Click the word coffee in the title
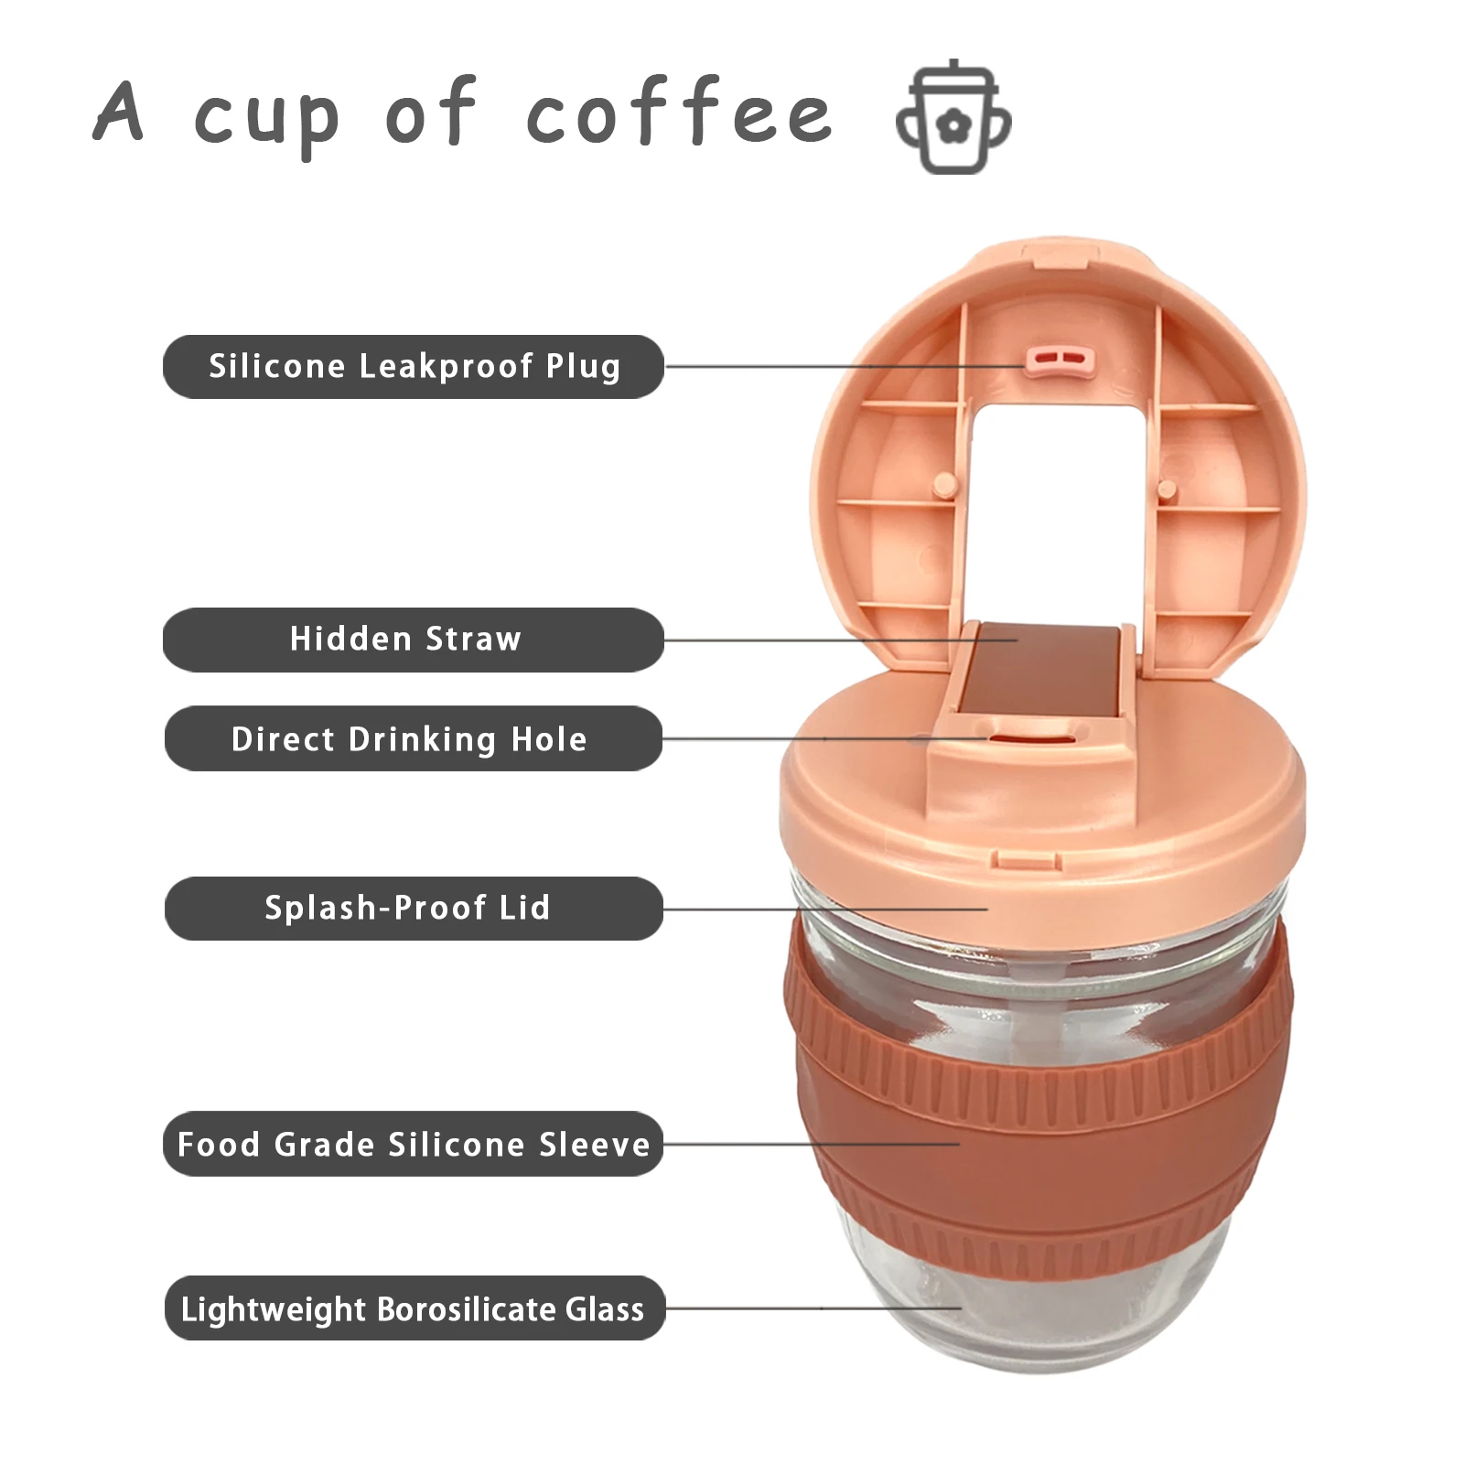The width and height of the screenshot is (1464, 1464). point(679,112)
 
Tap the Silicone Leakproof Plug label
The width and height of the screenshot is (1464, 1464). point(414,367)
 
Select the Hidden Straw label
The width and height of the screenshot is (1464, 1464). point(413,640)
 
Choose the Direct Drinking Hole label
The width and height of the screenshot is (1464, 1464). point(413,738)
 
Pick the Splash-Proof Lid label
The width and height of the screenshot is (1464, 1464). point(413,909)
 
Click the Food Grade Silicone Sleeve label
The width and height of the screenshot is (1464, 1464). point(413,1144)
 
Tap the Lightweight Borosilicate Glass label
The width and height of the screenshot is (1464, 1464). point(414,1308)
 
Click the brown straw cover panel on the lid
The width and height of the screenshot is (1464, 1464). point(1039,673)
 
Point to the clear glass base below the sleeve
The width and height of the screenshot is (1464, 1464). point(1043,1318)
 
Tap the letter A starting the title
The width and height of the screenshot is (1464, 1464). point(119,112)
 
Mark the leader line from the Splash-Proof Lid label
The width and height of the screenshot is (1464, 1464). point(823,910)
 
